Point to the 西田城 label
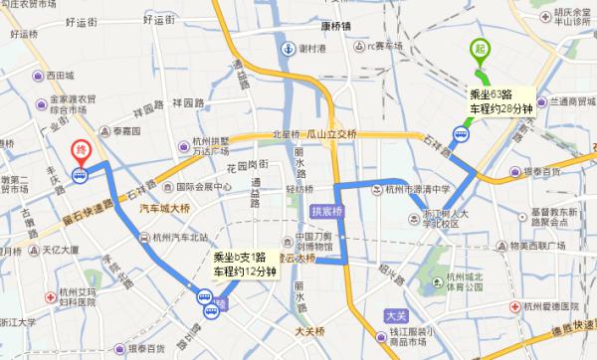coord(54,76)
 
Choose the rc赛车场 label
coord(387,44)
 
